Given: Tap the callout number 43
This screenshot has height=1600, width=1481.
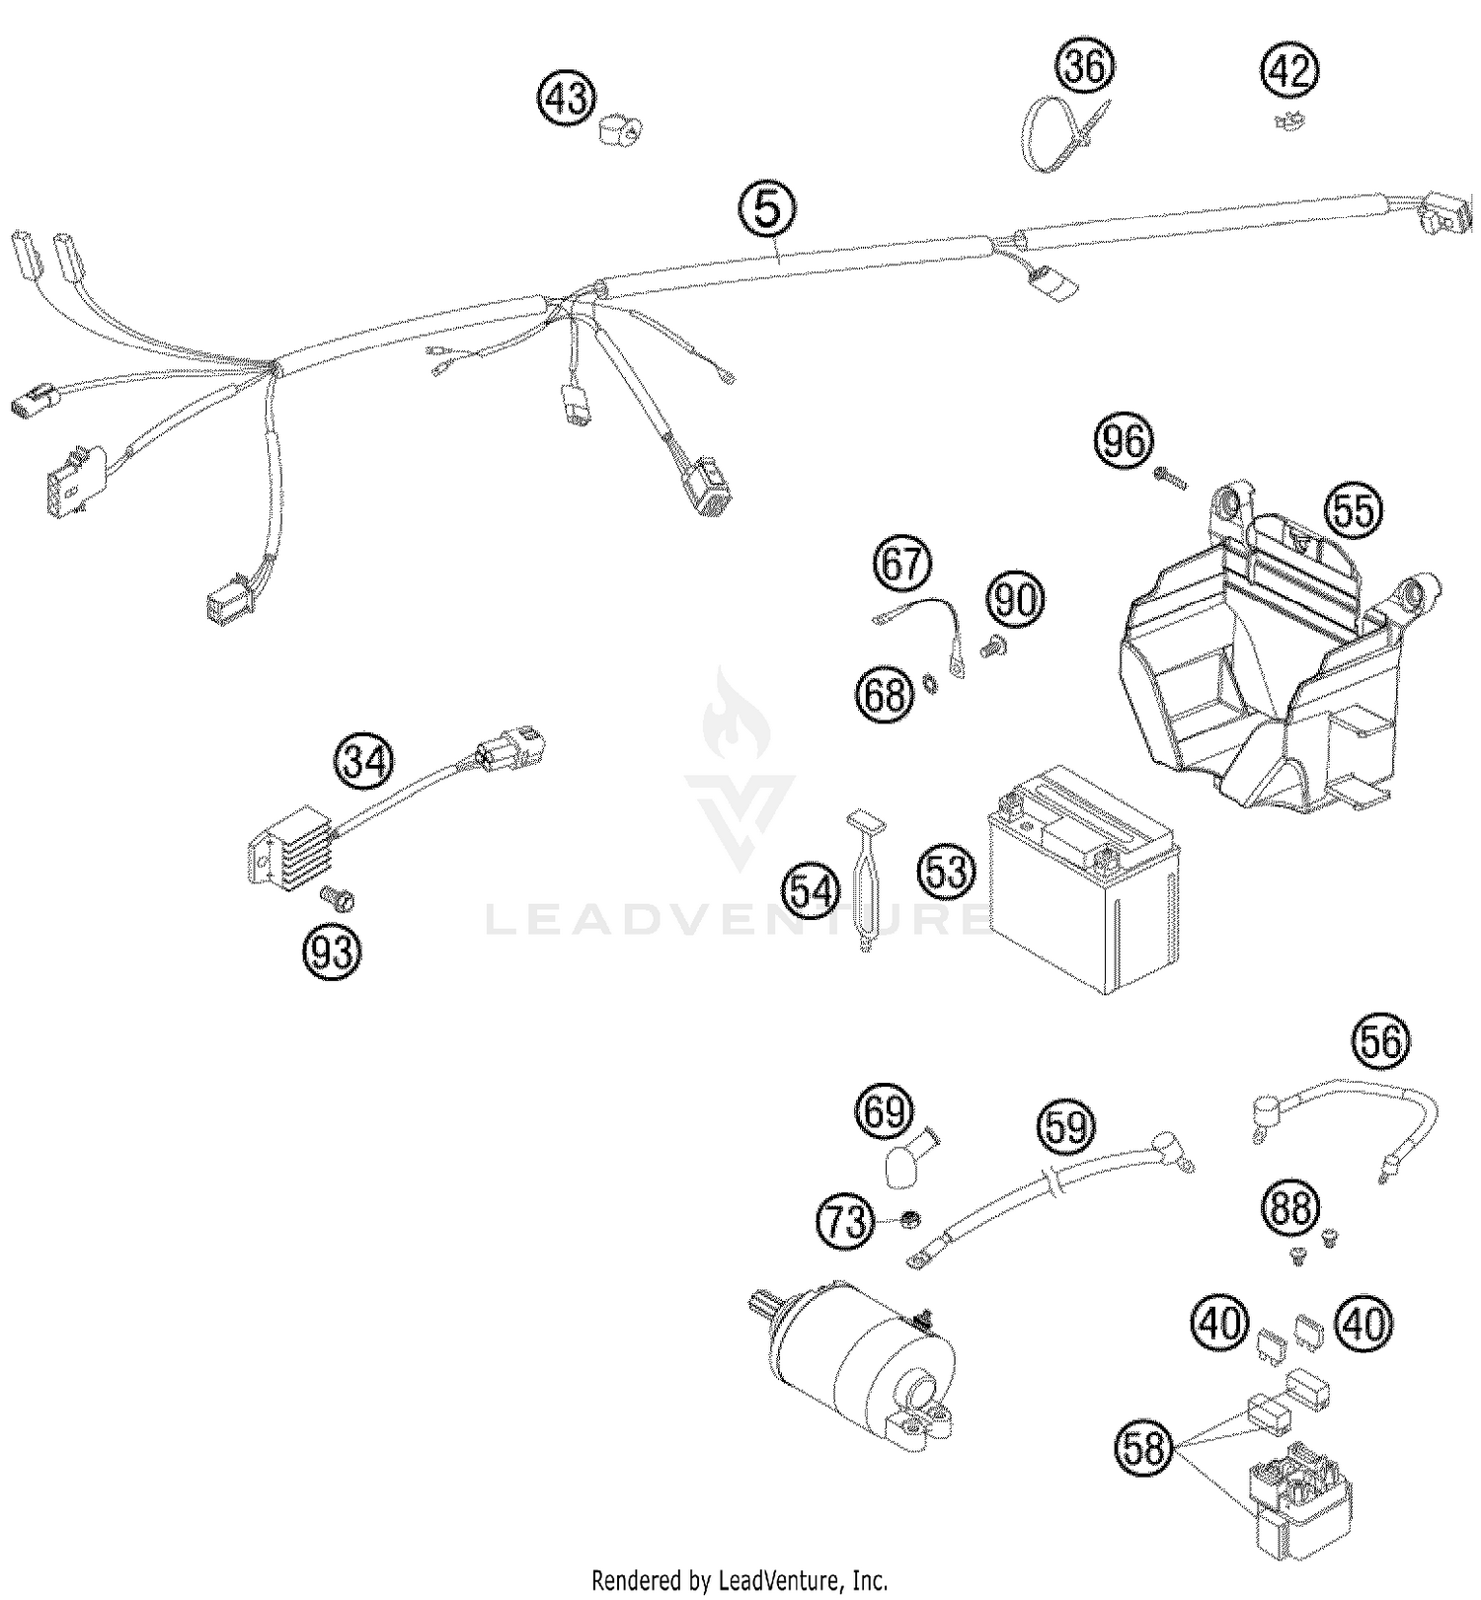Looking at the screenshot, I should (x=567, y=100).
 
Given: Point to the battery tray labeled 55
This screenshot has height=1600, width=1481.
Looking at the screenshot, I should (x=1274, y=661).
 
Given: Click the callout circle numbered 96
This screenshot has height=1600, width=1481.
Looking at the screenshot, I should (x=1125, y=441).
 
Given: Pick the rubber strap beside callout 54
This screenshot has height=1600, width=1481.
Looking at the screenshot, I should (x=865, y=877).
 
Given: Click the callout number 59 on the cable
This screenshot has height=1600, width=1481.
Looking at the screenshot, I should (x=1066, y=1126).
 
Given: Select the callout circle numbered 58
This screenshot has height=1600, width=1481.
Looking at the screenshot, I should (x=1145, y=1450).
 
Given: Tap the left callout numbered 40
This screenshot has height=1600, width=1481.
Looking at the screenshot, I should (x=1220, y=1323).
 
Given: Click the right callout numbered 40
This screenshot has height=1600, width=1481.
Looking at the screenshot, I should (x=1364, y=1323).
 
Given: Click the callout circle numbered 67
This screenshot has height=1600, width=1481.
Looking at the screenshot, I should (x=902, y=566).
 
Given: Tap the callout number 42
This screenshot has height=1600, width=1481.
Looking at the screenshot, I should (x=1289, y=72).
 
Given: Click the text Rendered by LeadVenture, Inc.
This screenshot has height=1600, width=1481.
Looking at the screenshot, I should (x=740, y=1579).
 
